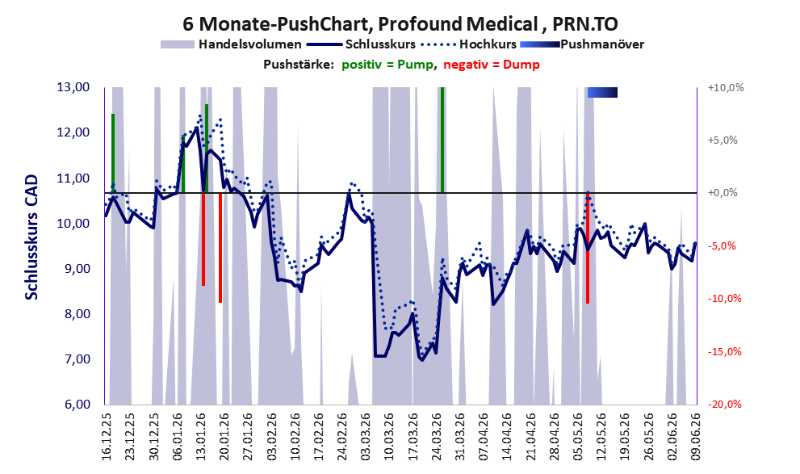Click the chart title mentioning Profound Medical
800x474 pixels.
tap(400, 23)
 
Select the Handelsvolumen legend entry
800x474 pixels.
tap(231, 44)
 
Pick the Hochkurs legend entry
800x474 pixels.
tap(468, 44)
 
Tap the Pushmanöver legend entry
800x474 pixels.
tap(581, 44)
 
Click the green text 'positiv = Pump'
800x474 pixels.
tap(387, 65)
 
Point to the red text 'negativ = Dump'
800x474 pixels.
tap(492, 65)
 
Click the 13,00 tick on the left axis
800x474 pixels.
tap(73, 87)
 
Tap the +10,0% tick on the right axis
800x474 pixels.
tap(726, 88)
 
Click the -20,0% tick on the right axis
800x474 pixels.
tap(724, 404)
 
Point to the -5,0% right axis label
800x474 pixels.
tap(723, 246)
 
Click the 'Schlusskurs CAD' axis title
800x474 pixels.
tap(31, 237)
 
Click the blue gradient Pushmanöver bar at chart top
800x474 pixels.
tap(602, 92)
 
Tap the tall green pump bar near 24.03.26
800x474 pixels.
tap(442, 140)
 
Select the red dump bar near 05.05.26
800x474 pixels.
tap(588, 248)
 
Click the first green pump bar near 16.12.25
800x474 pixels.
tap(113, 153)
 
